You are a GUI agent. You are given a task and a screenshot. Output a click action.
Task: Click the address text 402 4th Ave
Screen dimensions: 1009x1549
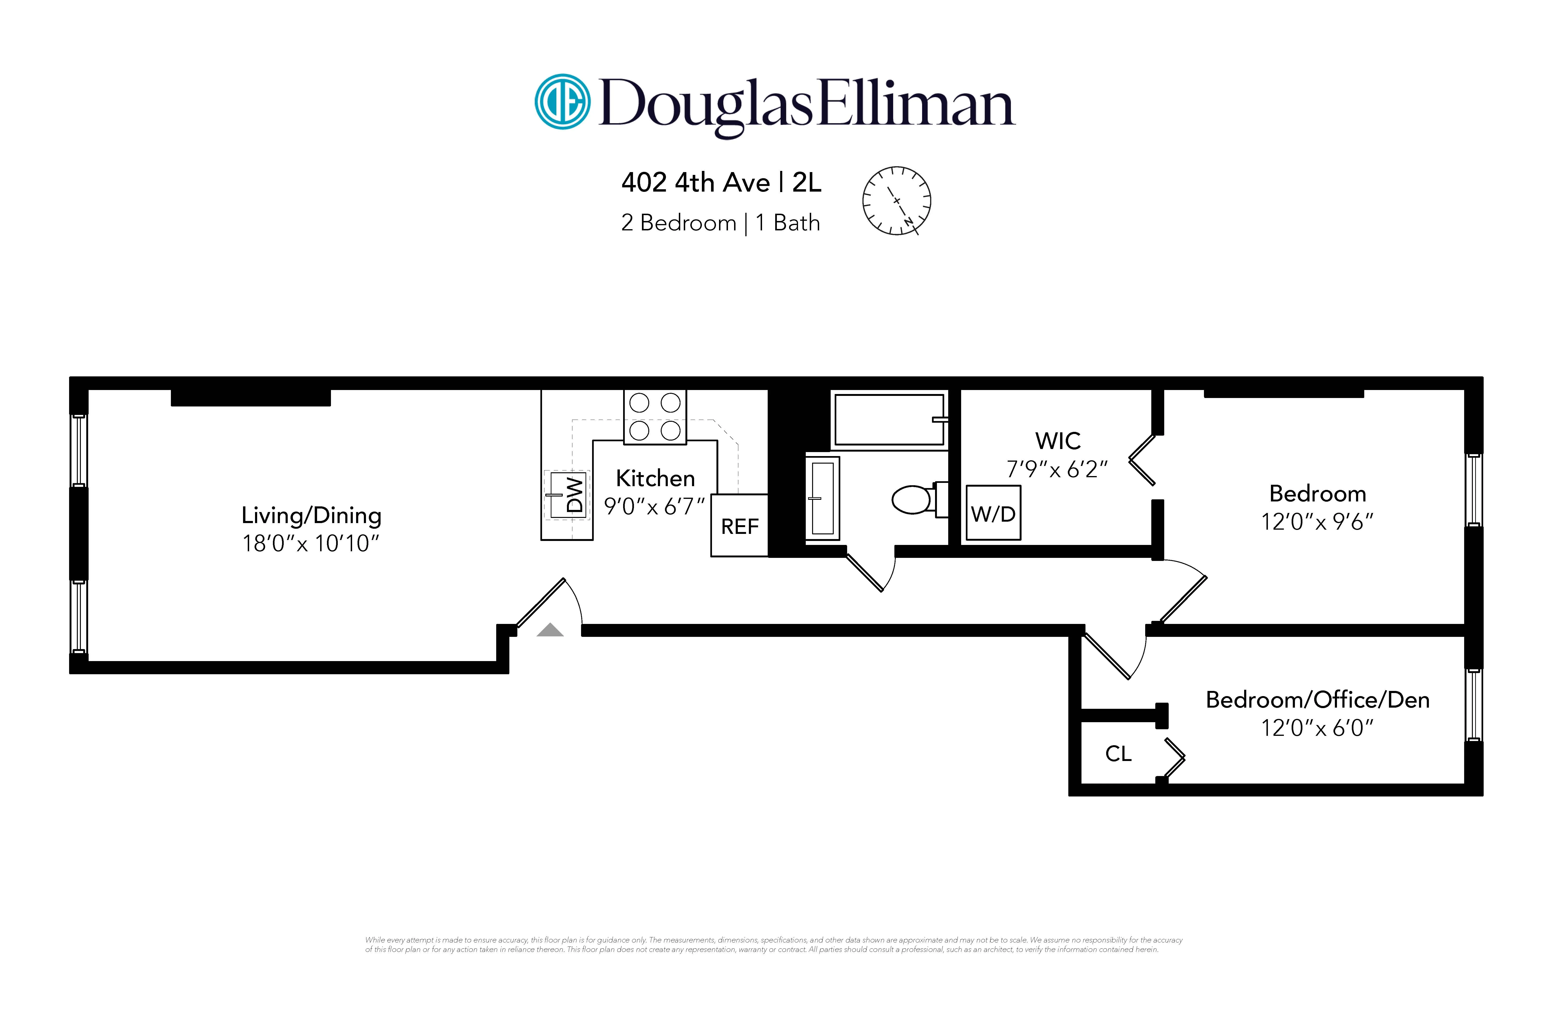pos(695,183)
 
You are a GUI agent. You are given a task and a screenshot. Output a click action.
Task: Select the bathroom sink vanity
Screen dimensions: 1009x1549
pos(823,498)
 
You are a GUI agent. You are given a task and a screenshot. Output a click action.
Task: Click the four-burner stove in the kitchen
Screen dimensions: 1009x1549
pos(655,417)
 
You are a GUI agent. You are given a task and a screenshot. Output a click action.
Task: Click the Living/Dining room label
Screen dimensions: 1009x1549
pos(311,516)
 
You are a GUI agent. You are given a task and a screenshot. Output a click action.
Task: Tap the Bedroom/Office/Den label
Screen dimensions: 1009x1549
pos(1317,700)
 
